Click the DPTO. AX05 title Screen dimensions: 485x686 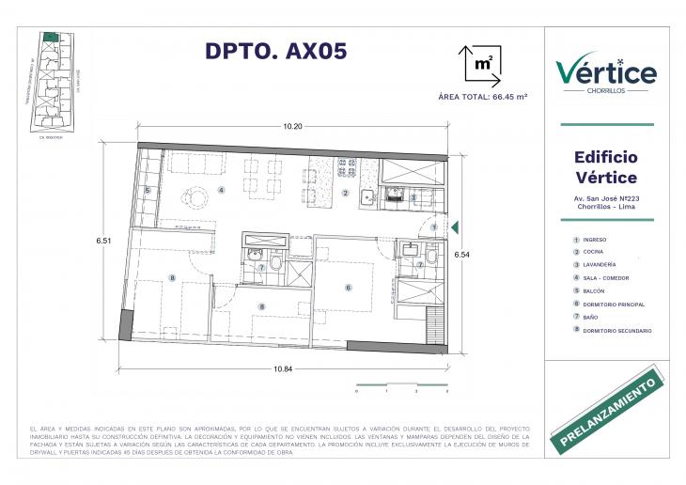click(x=276, y=52)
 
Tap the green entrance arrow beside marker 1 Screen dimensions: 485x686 click(x=454, y=227)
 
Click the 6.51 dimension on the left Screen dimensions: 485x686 click(x=103, y=242)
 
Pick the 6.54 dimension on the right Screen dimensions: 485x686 click(x=461, y=254)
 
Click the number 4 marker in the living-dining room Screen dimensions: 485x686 click(x=222, y=190)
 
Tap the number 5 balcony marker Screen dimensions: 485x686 click(x=148, y=191)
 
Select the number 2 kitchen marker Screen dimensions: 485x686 click(x=345, y=194)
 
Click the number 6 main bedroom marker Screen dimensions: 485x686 click(x=347, y=288)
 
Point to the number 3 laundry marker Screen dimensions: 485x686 click(x=413, y=197)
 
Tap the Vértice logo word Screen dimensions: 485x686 click(x=605, y=71)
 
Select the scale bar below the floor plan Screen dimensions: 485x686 click(x=402, y=383)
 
